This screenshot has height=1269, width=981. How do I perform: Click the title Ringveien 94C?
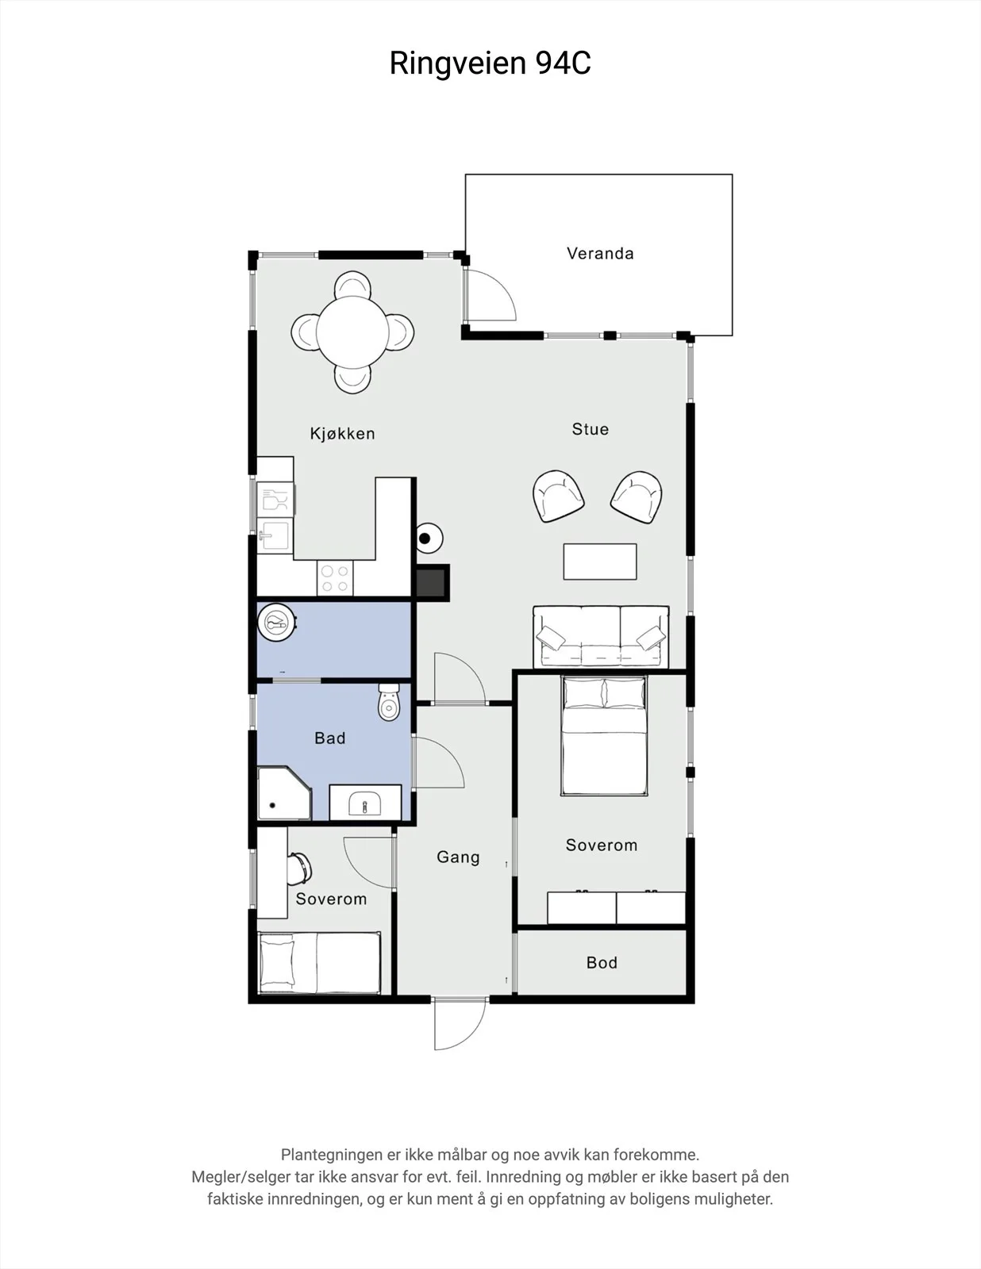click(490, 63)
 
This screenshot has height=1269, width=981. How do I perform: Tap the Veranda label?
click(600, 254)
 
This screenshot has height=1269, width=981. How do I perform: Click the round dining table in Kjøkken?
click(352, 332)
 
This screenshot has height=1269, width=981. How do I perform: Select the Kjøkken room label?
click(342, 433)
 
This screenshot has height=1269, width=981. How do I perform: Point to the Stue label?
click(591, 429)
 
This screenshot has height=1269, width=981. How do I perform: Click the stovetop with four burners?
click(335, 578)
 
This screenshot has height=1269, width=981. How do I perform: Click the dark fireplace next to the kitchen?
click(433, 582)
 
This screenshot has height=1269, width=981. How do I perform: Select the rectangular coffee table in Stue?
click(600, 562)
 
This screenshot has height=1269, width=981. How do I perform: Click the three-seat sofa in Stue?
click(601, 637)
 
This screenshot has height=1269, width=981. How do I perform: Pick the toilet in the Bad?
click(389, 703)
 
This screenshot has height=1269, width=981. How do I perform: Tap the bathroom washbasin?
click(365, 803)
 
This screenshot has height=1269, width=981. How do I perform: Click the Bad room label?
click(330, 738)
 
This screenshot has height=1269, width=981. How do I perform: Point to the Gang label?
click(458, 857)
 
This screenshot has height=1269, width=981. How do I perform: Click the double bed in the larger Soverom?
click(604, 736)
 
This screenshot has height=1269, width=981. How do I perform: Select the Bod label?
click(602, 962)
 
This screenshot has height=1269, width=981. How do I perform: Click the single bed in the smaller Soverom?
click(319, 962)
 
